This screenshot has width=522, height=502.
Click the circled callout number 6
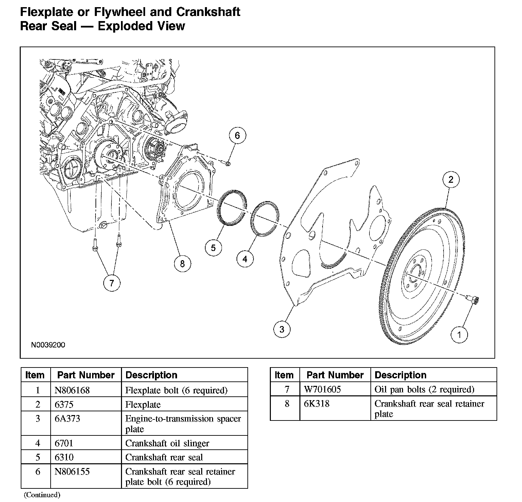[237, 136]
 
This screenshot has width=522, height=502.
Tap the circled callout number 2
[451, 180]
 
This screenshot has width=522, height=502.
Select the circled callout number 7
[112, 283]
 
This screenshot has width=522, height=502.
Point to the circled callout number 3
[282, 329]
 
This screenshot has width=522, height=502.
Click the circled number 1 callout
[459, 335]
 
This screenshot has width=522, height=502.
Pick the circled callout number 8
[182, 264]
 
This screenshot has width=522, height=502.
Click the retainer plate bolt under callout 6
[227, 164]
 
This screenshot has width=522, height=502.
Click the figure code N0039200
[48, 345]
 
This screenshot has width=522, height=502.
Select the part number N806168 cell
[72, 390]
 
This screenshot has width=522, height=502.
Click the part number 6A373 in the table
[67, 419]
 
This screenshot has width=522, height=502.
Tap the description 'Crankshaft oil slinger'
[167, 443]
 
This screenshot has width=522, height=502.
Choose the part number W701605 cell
[322, 389]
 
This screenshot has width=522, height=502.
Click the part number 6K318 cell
[316, 404]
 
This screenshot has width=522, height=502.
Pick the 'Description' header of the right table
[400, 375]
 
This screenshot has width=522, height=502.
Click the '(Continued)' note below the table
[42, 495]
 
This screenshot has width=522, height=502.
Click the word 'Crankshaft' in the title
[208, 12]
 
